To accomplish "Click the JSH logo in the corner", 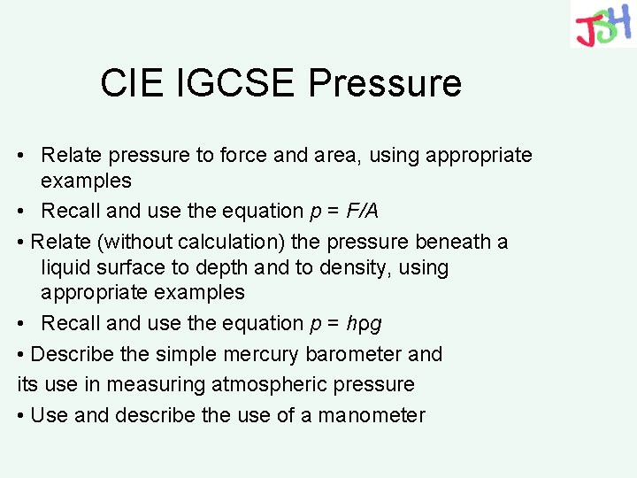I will pyautogui.click(x=602, y=24).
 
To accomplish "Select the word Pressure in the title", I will pyautogui.click(x=385, y=83).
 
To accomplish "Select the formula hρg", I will pyautogui.click(x=365, y=324).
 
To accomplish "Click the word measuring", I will pyautogui.click(x=165, y=385).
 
